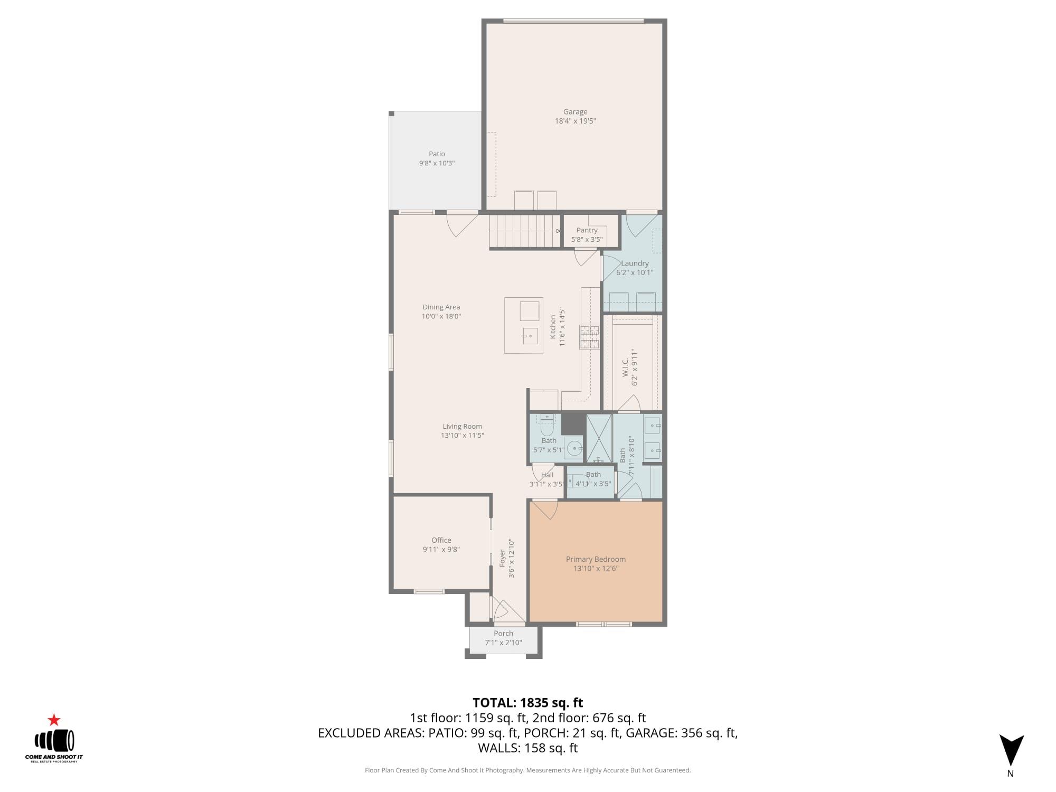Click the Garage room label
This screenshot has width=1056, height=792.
(575, 112)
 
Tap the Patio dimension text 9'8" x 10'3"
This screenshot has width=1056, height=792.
(437, 163)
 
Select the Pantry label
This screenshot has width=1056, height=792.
(587, 230)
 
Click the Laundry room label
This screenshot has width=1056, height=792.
(635, 263)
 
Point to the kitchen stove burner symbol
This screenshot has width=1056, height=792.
(590, 337)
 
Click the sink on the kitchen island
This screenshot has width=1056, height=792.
(530, 335)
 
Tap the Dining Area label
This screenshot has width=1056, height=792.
(441, 307)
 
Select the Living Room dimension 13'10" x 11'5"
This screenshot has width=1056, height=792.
(463, 436)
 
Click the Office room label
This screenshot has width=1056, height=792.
(441, 540)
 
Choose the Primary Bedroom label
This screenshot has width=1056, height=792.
(596, 559)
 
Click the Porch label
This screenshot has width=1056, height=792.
(503, 634)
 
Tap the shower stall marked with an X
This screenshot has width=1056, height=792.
(599, 438)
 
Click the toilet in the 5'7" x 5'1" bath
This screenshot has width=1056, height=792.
(546, 419)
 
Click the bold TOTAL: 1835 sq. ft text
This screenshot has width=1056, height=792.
(527, 703)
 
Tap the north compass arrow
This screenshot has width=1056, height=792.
(1011, 750)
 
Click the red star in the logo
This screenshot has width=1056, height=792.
(54, 720)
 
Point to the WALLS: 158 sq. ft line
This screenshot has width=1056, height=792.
(527, 748)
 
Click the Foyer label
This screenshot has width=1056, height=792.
(503, 559)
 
